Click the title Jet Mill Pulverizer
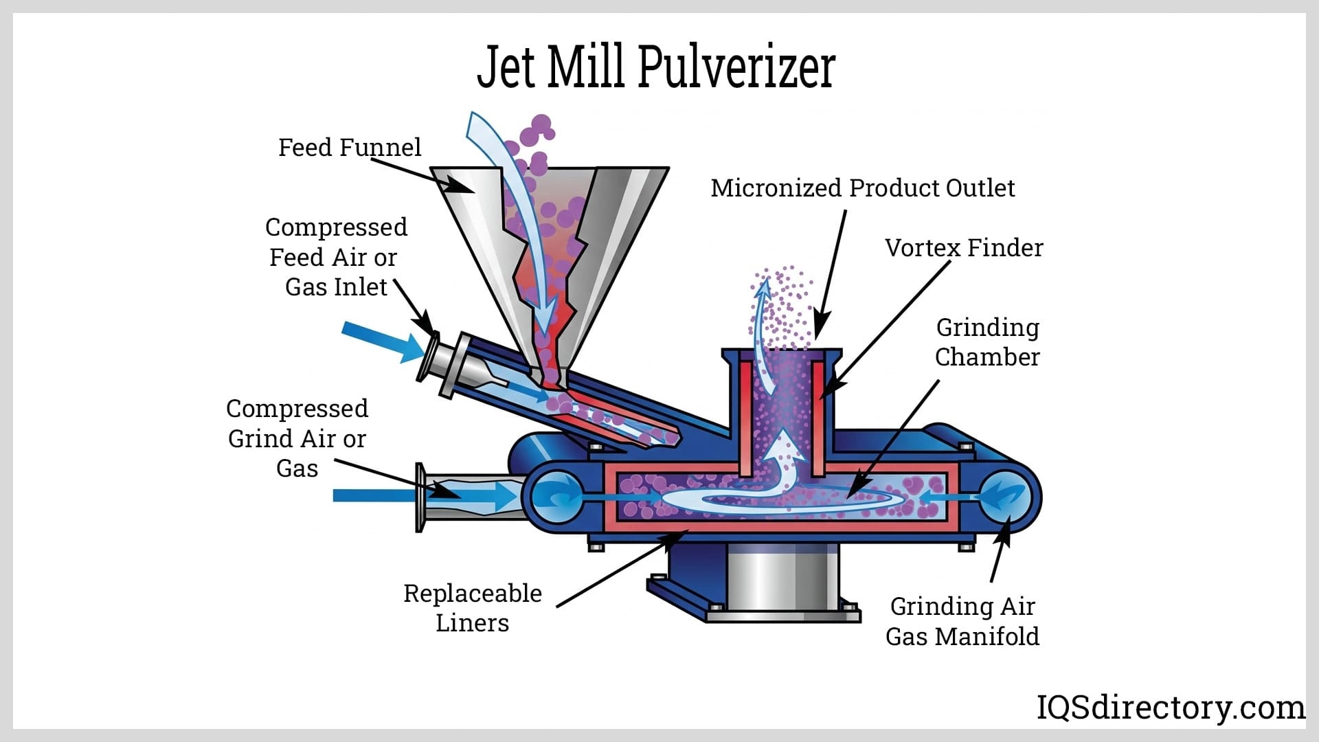656,67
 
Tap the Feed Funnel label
349,147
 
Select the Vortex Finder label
963,247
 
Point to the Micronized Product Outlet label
862,188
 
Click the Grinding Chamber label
987,342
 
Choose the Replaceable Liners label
473,607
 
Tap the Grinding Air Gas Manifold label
962,621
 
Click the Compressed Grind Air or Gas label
297,438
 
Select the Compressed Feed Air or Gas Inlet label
336,257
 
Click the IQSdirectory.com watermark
1170,707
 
